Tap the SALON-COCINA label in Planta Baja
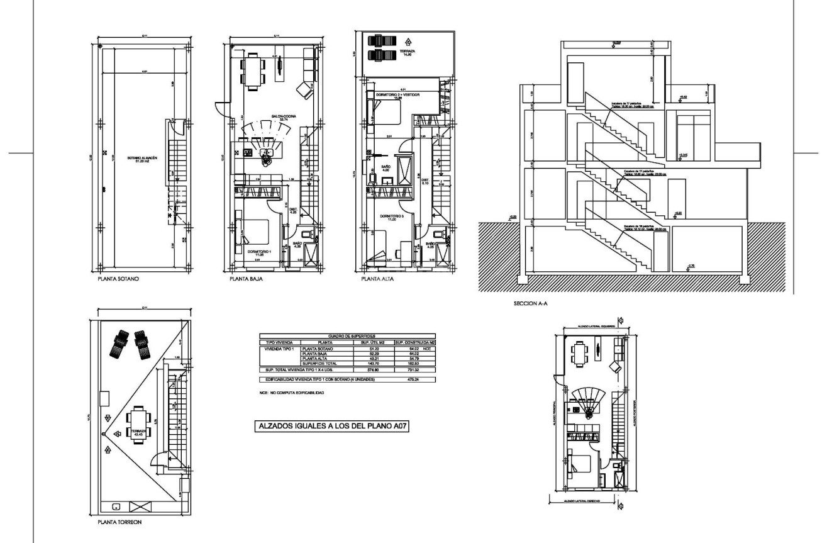coord(280,118)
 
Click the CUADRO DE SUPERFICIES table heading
coord(347,337)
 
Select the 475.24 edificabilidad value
coord(414,380)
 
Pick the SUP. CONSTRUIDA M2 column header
coord(414,342)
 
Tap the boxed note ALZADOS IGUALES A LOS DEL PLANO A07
coord(328,426)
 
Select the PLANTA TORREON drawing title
coord(116,521)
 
